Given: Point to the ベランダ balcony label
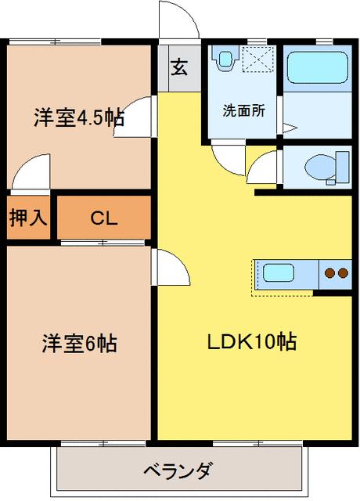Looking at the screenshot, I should coord(177,471).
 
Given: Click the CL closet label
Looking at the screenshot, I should coord(103,218).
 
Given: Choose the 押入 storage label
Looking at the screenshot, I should coord(29,218).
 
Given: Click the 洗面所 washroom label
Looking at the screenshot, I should coord(243,110).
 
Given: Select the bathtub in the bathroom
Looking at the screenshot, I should coord(316,69).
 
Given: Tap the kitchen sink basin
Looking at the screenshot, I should coord(279,273).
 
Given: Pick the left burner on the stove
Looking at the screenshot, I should coord(329,273).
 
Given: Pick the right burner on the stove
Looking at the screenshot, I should coord(343,273).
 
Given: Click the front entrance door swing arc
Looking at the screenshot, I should coord(178,20).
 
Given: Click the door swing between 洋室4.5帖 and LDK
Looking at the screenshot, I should coord(138,117).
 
